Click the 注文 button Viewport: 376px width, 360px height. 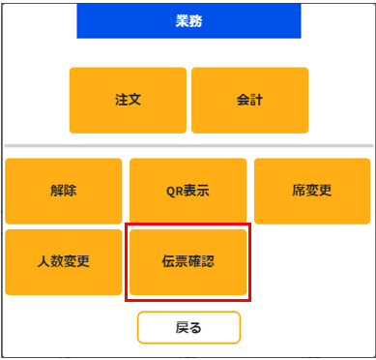point(128,100)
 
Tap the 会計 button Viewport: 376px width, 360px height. point(249,100)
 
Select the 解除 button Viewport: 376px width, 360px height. point(64,191)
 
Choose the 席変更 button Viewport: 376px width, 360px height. point(311,191)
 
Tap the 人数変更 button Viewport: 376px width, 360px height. point(64,261)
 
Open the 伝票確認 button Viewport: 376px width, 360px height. point(188,261)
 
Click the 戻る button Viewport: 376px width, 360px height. point(188,327)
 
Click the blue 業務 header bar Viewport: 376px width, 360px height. point(188,20)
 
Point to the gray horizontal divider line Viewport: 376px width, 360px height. point(188,146)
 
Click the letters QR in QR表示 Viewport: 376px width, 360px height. point(175,191)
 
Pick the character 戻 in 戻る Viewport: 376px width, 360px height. point(182,327)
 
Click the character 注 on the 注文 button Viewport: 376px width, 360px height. point(121,100)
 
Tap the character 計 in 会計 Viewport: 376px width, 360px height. point(256,100)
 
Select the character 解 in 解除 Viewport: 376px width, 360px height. point(57,191)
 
